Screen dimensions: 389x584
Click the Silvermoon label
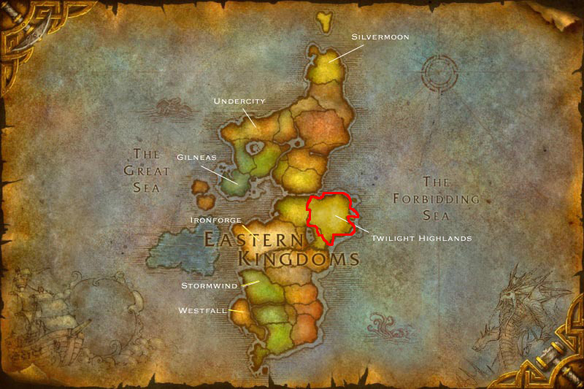point(380,36)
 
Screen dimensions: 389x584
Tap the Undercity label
point(239,101)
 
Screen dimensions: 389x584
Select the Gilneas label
point(196,157)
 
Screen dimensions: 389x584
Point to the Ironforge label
point(215,219)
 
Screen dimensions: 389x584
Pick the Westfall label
point(202,310)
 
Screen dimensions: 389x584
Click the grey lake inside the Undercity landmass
point(255,149)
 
